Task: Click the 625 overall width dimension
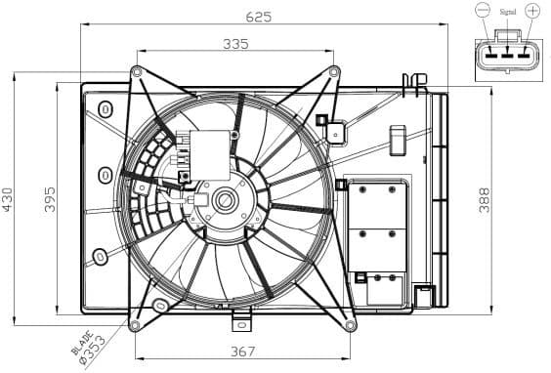pos(257,16)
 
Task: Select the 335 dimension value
pos(234,43)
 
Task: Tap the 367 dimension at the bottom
pos(243,352)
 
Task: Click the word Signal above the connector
pos(507,13)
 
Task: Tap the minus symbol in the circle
pos(483,11)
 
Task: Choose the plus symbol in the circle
pos(531,11)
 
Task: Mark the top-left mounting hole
pos(136,71)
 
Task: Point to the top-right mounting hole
pos(333,71)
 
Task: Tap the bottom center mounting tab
pos(242,319)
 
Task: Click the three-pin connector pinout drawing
pos(506,59)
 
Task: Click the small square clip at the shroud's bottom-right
pos(423,294)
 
